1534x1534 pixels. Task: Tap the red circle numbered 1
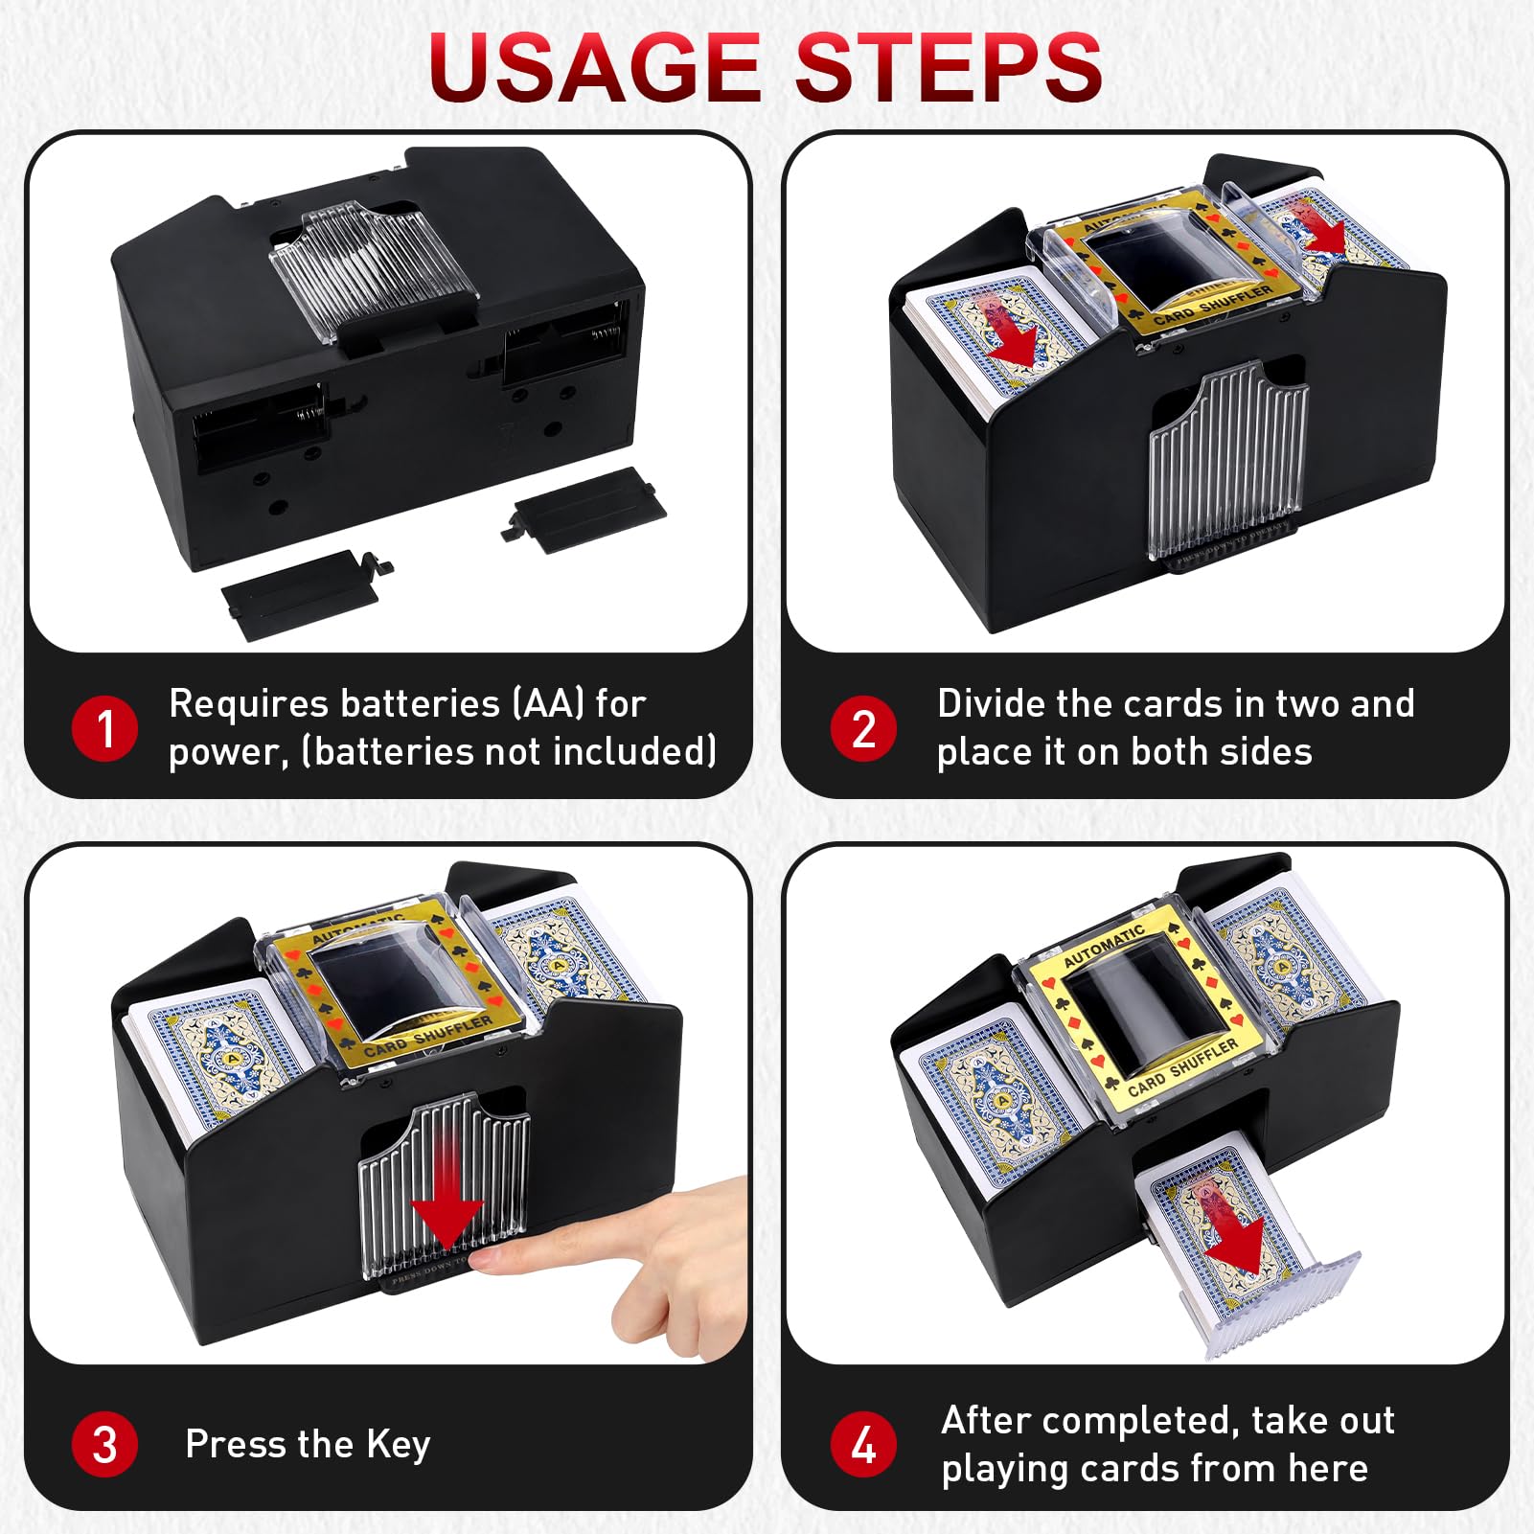[104, 728]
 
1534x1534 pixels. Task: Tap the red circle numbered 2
[863, 728]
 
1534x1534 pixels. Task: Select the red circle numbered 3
[104, 1444]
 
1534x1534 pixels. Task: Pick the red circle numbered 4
[863, 1444]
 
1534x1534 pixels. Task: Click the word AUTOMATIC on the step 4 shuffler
[1104, 945]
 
